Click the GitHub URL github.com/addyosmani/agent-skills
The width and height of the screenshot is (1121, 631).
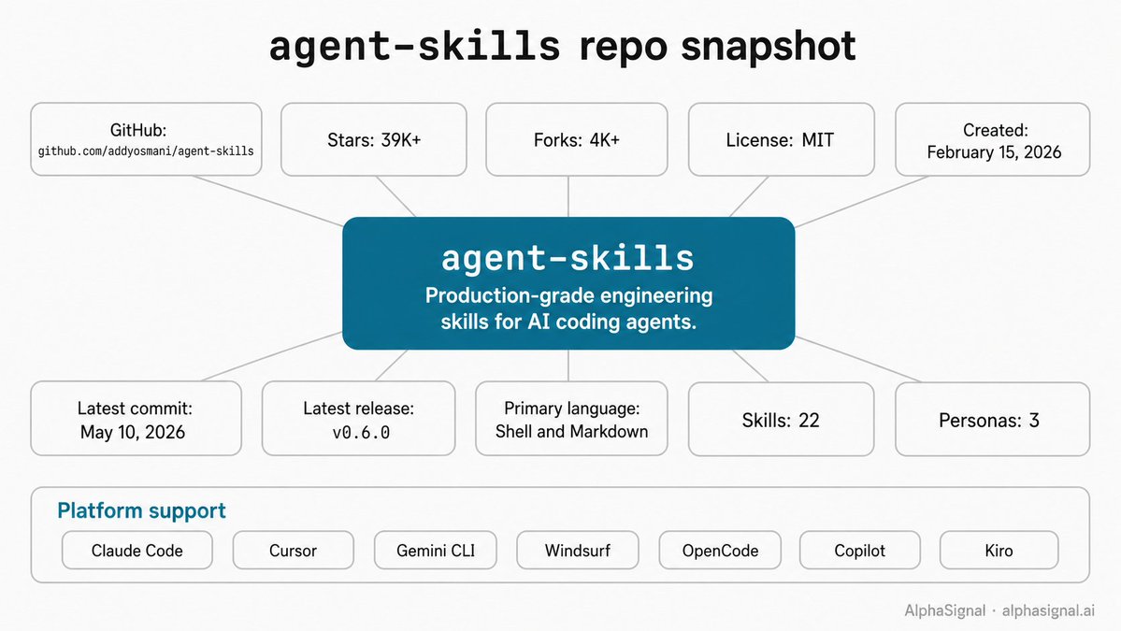tap(146, 151)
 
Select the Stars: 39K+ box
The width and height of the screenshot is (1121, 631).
tap(374, 139)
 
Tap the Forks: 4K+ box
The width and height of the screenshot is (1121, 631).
tap(576, 139)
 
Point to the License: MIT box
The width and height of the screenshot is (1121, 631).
tap(782, 139)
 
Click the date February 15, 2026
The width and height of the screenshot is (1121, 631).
tap(994, 152)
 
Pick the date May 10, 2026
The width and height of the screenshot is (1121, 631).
tap(132, 432)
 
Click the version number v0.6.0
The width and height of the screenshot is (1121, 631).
tap(361, 432)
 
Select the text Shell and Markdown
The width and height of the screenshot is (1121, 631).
tap(571, 432)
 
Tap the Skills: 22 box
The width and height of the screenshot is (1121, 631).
tap(782, 420)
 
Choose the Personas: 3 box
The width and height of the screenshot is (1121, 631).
tap(992, 420)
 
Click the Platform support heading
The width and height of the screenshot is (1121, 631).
tap(141, 511)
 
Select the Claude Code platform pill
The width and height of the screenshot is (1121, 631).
tap(137, 551)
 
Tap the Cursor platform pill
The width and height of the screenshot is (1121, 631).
tap(294, 551)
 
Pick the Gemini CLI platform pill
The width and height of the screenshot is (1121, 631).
tap(436, 551)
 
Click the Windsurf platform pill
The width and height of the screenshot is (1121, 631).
tap(578, 551)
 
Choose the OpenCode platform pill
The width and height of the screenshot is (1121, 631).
tap(720, 551)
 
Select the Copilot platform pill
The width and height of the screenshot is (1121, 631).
tap(860, 551)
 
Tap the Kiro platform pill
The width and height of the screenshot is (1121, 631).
tap(999, 551)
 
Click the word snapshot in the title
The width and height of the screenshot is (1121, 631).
tap(769, 47)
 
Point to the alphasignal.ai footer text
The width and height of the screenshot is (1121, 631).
tap(1048, 611)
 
